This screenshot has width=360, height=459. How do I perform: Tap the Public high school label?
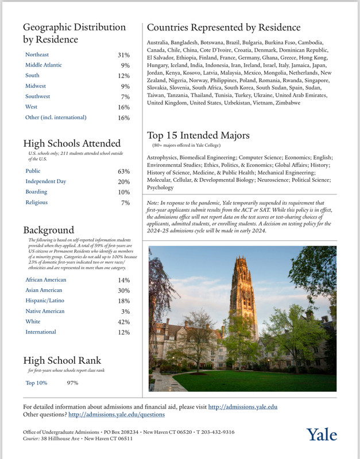tap(33, 171)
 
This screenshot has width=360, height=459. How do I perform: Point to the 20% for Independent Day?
tap(123, 181)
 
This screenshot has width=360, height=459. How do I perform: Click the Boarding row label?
tap(37, 192)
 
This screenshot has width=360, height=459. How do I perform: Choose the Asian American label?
tap(45, 290)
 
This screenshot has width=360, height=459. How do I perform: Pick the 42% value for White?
tap(123, 322)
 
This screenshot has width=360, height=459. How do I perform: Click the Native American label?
tap(45, 311)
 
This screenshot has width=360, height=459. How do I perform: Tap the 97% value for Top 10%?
tap(73, 383)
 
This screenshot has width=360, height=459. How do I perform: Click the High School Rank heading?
tap(62, 361)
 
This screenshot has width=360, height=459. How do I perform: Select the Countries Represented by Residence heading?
tap(224, 28)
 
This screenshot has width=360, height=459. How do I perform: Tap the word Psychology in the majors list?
tap(160, 187)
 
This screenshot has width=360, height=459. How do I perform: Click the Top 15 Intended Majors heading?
tap(198, 136)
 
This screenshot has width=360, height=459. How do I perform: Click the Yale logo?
tap(322, 434)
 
